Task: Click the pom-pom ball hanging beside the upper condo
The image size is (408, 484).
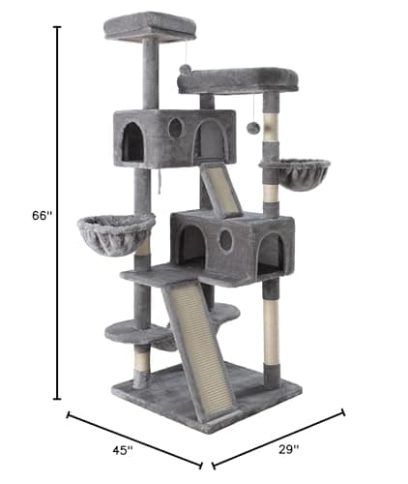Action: [x=252, y=128]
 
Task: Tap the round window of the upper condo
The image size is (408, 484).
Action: [x=175, y=128]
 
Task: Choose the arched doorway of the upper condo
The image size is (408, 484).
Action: [x=132, y=142]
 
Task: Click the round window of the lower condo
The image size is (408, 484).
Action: [x=225, y=240]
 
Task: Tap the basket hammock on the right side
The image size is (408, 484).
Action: [x=295, y=172]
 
